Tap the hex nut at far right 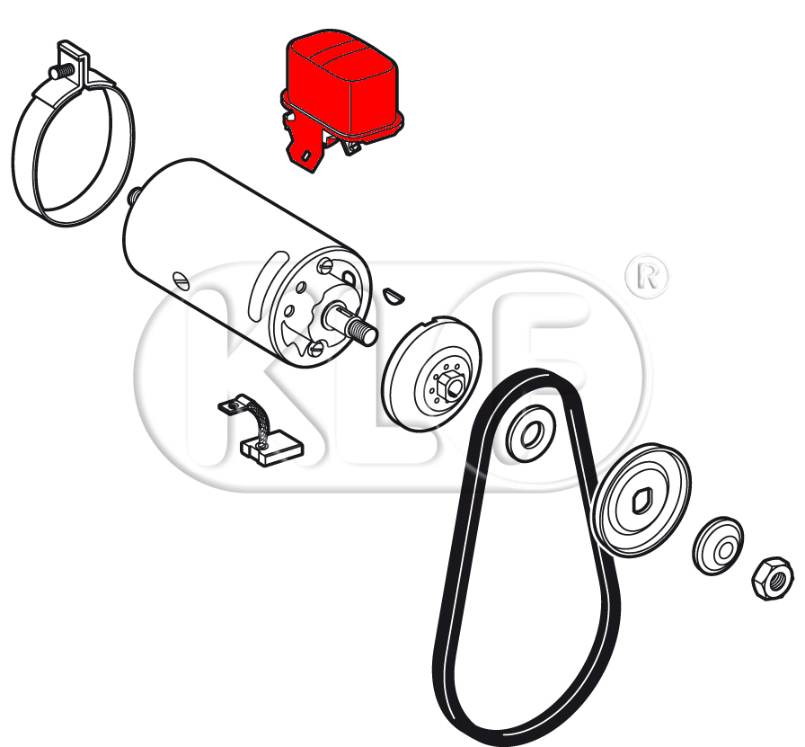click(x=772, y=578)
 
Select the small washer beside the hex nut click(x=718, y=547)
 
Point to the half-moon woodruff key click(x=394, y=296)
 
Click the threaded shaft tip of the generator click(x=364, y=330)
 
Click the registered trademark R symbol click(x=648, y=277)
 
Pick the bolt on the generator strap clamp click(x=59, y=73)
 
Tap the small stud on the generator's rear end click(x=134, y=196)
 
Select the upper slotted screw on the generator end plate click(x=326, y=265)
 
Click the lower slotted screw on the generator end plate click(x=314, y=350)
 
